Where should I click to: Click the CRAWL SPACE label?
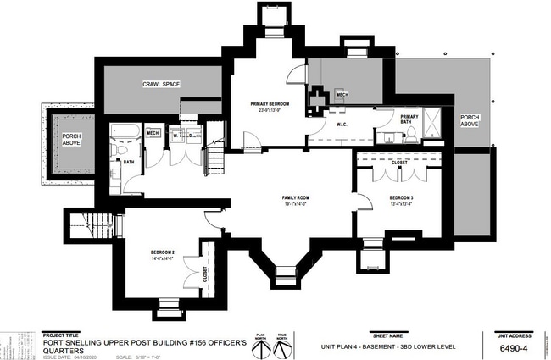pyautogui.click(x=161, y=86)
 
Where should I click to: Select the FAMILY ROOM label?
pyautogui.click(x=296, y=197)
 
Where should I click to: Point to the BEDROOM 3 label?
pyautogui.click(x=403, y=197)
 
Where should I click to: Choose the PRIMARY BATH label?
pyautogui.click(x=409, y=119)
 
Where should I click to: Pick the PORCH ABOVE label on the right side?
pyautogui.click(x=470, y=120)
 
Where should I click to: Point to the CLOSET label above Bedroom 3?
pyautogui.click(x=398, y=162)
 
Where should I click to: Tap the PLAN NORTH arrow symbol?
pyautogui.click(x=259, y=347)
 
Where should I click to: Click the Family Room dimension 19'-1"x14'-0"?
pyautogui.click(x=296, y=204)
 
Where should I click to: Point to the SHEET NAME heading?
pyautogui.click(x=384, y=335)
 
